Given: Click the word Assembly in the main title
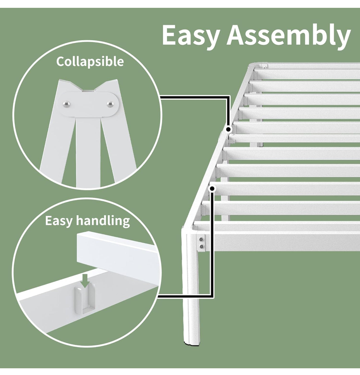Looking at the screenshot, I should [x=289, y=36].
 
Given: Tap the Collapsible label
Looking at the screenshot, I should [x=90, y=61].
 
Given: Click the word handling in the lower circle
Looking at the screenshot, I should [x=103, y=221].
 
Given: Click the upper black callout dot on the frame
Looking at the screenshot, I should [x=229, y=129].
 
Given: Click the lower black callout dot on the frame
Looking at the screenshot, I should [x=212, y=189].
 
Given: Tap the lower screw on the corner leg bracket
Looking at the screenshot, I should [x=202, y=246].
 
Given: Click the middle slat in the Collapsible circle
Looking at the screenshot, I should [x=85, y=156].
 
